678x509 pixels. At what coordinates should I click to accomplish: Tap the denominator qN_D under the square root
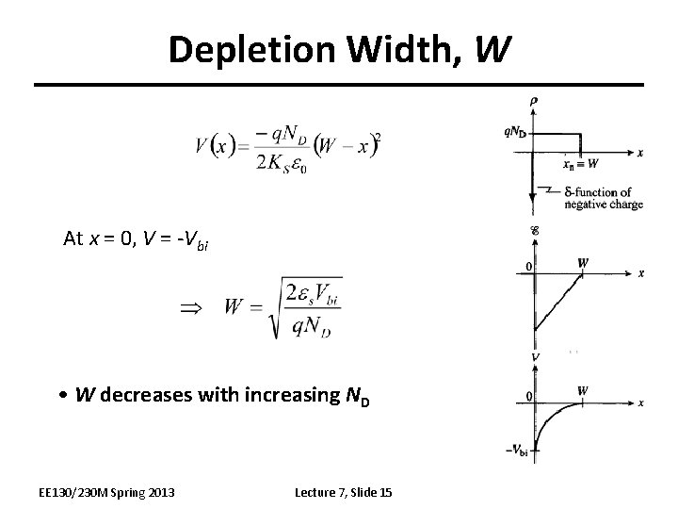315,325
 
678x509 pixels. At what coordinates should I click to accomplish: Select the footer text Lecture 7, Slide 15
344,492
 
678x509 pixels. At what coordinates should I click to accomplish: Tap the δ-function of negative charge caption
604,198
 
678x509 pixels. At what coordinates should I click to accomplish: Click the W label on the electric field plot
584,263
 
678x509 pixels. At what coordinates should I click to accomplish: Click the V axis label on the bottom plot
535,359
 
